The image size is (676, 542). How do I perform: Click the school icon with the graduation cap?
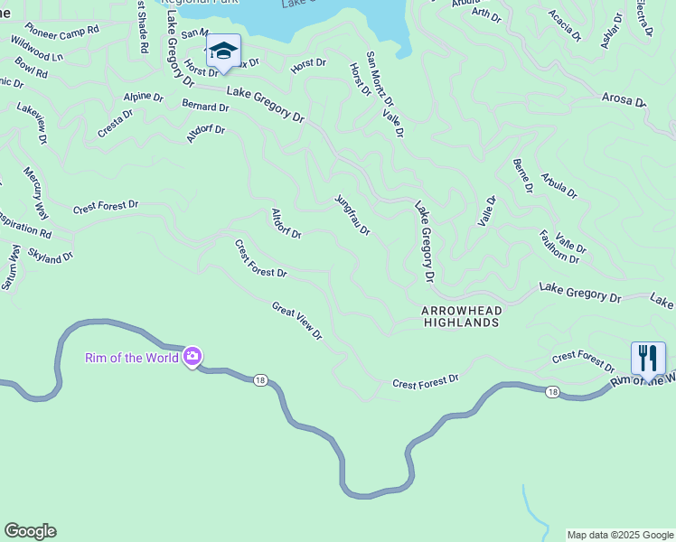tap(223, 51)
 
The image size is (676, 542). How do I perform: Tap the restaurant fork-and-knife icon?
tap(648, 358)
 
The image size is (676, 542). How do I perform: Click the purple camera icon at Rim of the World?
tap(192, 358)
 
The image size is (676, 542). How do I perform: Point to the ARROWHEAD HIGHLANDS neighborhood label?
tap(461, 315)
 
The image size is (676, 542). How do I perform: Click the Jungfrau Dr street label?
tap(352, 215)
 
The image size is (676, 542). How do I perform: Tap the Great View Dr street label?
tap(297, 321)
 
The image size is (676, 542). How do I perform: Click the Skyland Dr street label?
tap(50, 257)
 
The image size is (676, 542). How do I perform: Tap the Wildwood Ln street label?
tap(39, 50)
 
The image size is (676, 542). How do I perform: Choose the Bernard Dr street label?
tap(205, 106)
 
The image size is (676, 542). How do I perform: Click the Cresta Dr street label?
tap(116, 124)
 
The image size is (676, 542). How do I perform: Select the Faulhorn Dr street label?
tap(559, 246)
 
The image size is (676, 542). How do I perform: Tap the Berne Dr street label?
tap(522, 174)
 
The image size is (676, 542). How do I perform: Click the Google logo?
tap(30, 531)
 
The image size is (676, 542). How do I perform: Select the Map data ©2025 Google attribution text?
tap(619, 535)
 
